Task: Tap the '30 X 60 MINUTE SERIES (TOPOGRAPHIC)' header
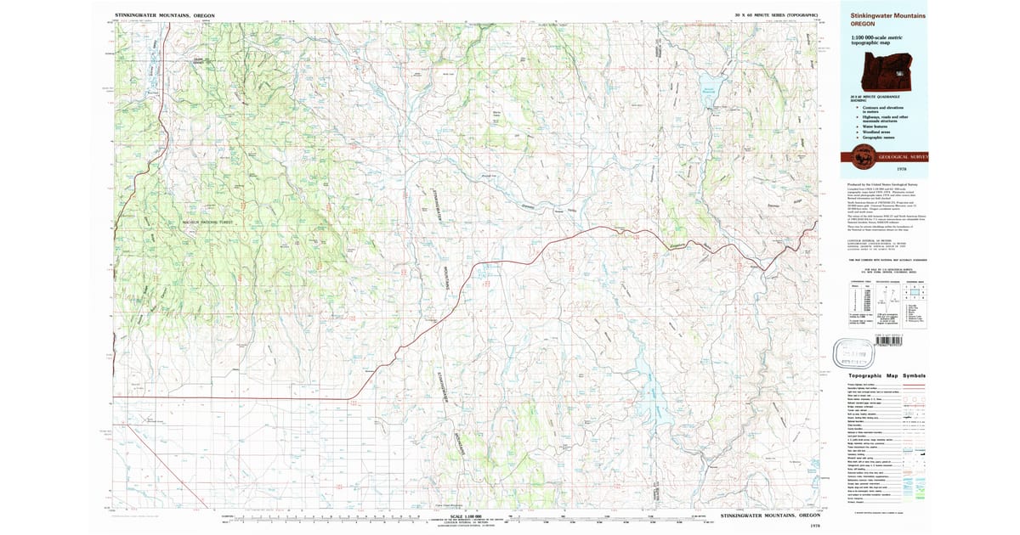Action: pos(776,15)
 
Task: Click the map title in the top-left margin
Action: pos(165,15)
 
